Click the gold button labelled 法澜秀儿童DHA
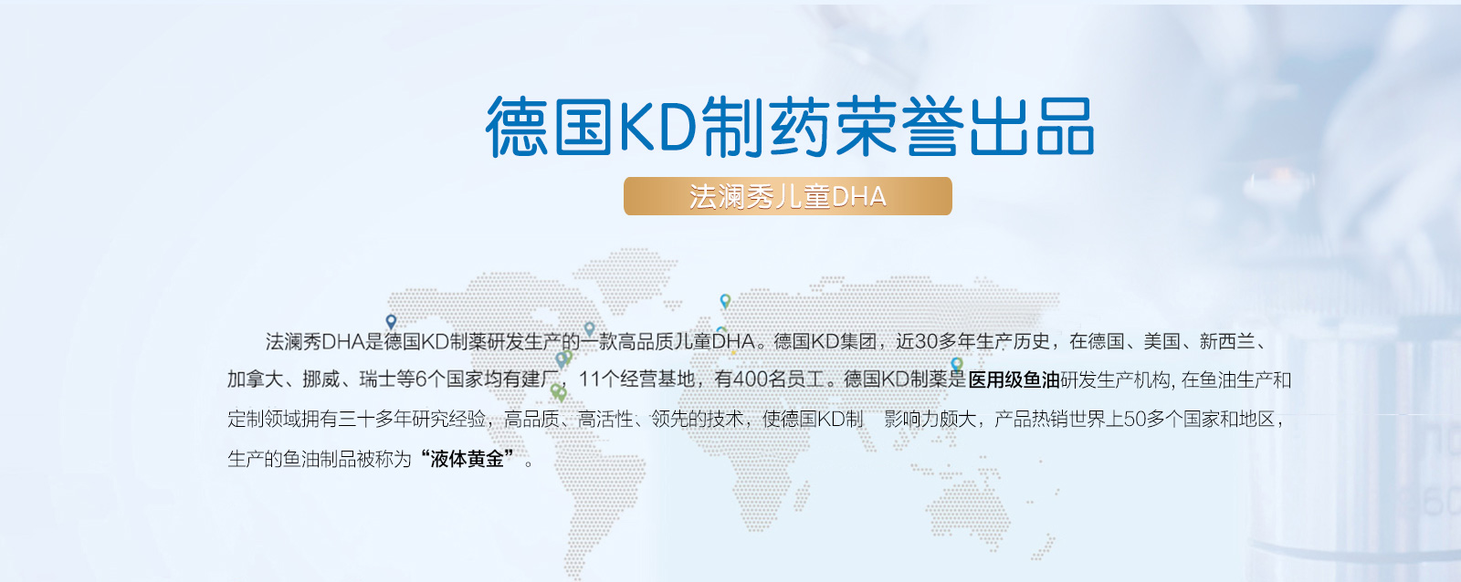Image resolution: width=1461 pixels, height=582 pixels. [787, 196]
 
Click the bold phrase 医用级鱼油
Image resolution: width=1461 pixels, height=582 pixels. [1014, 380]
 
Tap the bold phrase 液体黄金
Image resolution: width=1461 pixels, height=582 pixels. [467, 459]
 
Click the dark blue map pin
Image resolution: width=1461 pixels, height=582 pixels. [391, 322]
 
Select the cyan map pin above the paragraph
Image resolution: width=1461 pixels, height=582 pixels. [725, 301]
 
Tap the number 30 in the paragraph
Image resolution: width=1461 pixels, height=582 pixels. [927, 341]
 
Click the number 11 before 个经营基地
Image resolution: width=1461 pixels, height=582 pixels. [590, 380]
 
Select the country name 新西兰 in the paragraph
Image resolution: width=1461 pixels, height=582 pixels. [1227, 341]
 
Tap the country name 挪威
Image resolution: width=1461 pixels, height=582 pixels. [321, 380]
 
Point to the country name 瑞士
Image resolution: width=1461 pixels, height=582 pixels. [378, 380]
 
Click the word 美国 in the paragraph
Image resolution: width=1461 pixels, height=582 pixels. [1161, 341]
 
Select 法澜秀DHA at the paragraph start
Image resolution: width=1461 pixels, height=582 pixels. [315, 341]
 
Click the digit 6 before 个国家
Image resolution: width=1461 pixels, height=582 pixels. [421, 380]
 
